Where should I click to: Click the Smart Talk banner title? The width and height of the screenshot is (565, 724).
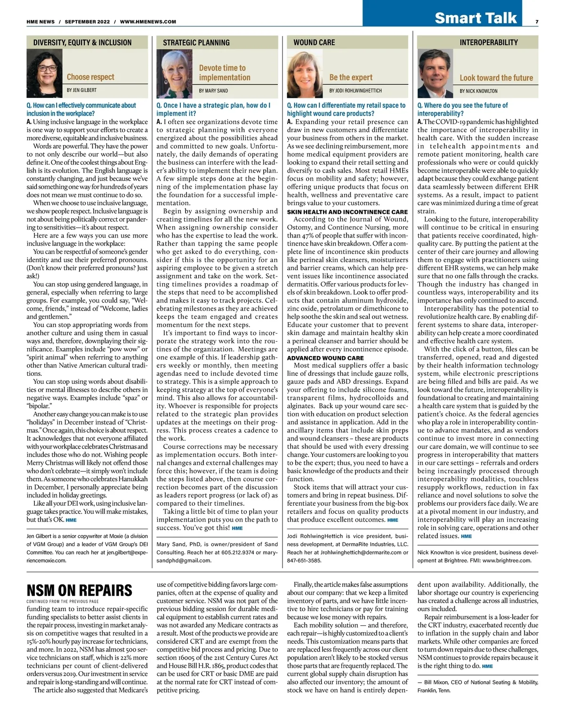click(476, 18)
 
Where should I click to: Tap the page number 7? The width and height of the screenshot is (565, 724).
click(537, 22)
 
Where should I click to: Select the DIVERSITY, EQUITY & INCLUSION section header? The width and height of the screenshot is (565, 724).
click(82, 42)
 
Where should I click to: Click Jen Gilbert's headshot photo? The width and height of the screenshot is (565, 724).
click(45, 73)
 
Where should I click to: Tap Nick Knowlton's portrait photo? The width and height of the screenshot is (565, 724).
click(436, 73)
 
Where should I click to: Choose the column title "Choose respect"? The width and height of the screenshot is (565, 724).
click(90, 77)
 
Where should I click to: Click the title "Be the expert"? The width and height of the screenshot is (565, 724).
click(351, 77)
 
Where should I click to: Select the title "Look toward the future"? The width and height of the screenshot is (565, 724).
click(496, 78)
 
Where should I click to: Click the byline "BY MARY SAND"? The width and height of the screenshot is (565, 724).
click(213, 90)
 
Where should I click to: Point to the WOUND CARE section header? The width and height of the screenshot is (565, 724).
click(314, 42)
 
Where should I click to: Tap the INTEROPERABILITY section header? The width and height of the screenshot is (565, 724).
click(489, 42)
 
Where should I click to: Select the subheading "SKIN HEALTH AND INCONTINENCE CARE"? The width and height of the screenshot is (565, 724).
click(347, 212)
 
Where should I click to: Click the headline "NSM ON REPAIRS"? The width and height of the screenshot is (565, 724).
click(79, 590)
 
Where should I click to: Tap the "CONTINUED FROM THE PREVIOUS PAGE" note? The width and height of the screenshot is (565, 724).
click(63, 601)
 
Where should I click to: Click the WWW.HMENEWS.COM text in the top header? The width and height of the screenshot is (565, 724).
click(148, 22)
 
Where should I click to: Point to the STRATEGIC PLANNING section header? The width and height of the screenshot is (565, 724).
click(196, 42)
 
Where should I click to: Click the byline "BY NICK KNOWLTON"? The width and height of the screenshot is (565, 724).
click(478, 91)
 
